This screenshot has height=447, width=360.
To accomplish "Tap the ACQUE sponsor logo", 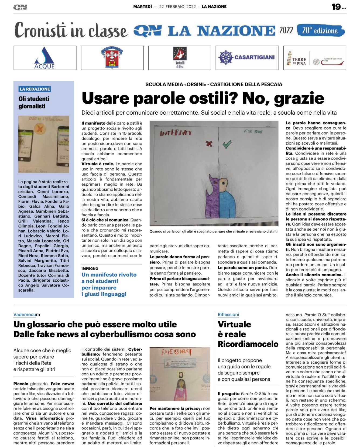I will point(45,58).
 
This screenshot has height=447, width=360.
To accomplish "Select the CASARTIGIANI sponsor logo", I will point(247,57).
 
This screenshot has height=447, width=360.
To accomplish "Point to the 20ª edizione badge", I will point(320,30).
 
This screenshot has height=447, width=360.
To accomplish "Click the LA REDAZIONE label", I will point(35,89).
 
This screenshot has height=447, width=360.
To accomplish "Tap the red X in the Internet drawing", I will point(209,144).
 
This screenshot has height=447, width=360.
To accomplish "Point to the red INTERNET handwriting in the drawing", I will point(176,133).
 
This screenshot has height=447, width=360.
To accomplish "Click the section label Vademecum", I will point(26,315).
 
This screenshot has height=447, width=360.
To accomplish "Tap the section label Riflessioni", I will point(228,315).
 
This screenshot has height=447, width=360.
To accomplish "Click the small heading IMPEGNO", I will point(90,269).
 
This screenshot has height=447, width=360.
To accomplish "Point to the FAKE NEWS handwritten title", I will point(176,352).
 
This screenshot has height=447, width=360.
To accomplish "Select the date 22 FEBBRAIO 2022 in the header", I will point(177,7).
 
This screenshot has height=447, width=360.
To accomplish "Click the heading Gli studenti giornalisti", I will point(34,103).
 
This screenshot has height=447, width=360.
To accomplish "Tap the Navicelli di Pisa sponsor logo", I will point(180,57).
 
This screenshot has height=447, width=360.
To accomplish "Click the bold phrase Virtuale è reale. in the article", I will point(98,164).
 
